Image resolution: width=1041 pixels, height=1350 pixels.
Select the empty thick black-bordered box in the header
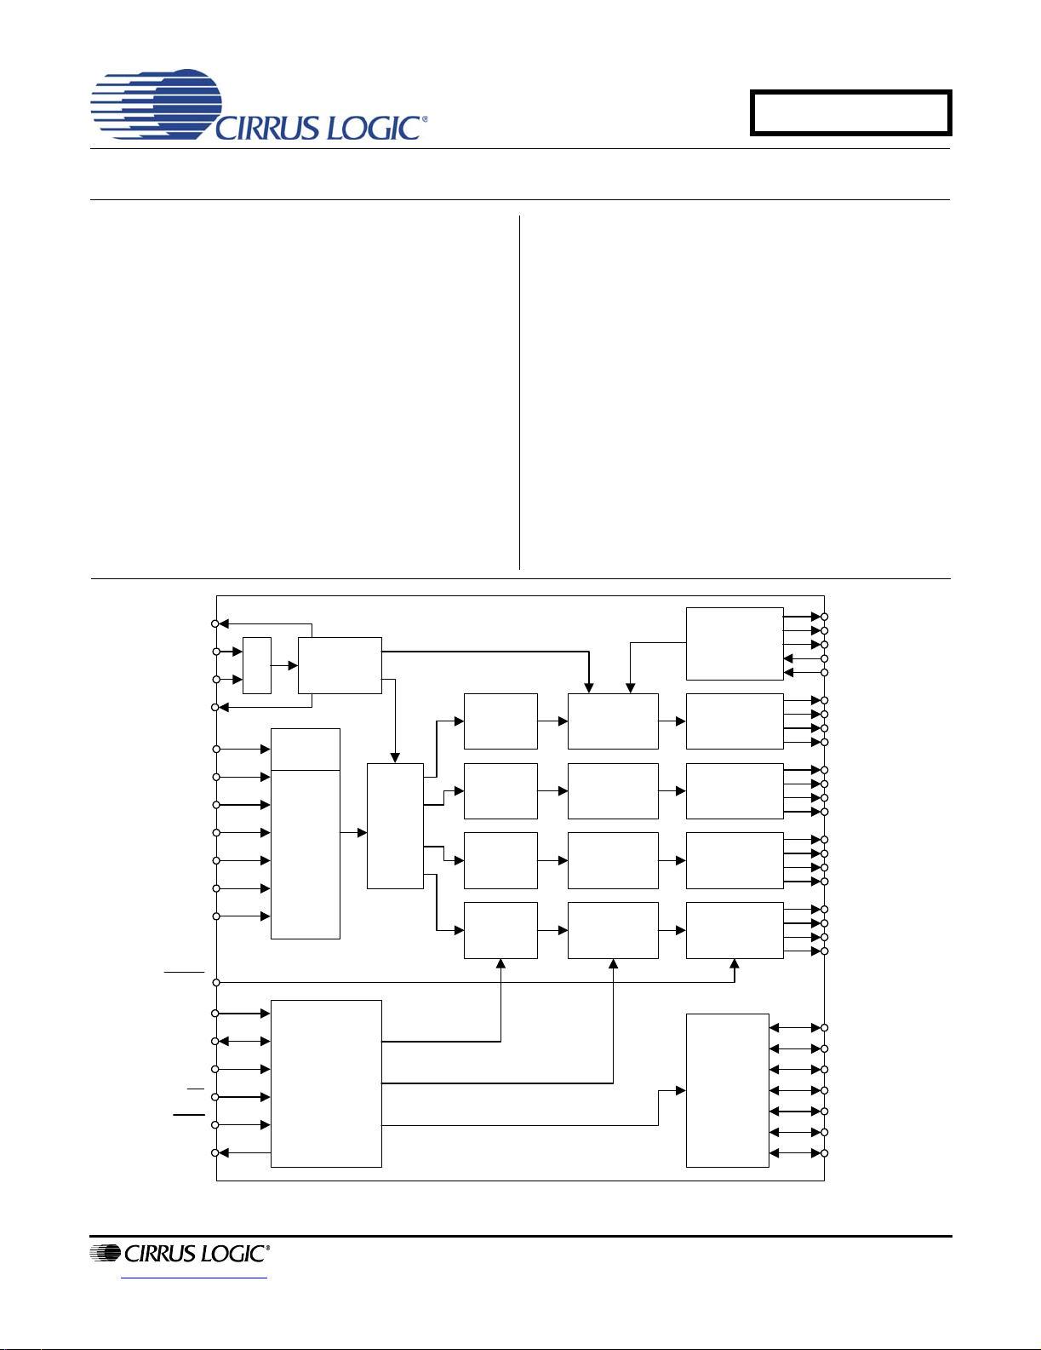pos(850,112)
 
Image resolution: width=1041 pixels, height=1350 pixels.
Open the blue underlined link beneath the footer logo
pos(194,1278)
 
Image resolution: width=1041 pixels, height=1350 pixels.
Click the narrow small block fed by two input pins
pos(257,664)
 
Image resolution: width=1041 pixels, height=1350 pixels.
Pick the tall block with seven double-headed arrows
pos(728,1090)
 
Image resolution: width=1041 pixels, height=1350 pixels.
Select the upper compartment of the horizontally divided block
pos(306,750)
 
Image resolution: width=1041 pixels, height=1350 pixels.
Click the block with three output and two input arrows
pos(735,644)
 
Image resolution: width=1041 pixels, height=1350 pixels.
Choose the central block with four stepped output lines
pos(396,825)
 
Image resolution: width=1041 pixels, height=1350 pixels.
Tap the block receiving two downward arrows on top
pos(613,721)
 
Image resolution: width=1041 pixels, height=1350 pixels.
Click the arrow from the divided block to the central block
pos(354,832)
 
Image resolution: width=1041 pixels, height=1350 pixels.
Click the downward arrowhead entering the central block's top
pos(395,758)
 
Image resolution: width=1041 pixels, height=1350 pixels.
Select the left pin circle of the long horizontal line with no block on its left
pos(216,982)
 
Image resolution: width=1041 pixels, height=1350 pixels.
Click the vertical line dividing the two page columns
pos(519,392)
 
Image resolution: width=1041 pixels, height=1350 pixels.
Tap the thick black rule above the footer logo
pos(520,1237)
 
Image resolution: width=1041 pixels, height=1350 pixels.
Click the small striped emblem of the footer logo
pos(106,1254)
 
